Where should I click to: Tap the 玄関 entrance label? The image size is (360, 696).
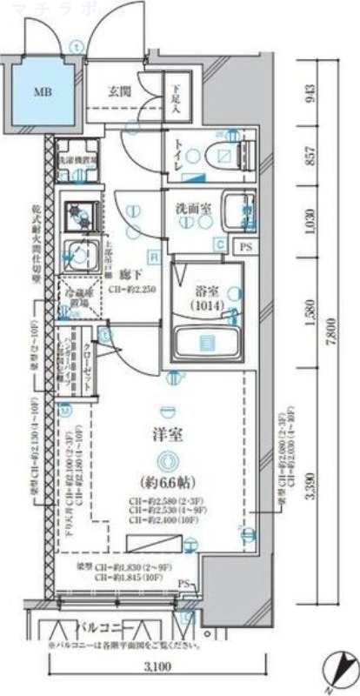pyautogui.click(x=119, y=90)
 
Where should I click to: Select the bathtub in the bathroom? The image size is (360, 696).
pyautogui.click(x=207, y=342)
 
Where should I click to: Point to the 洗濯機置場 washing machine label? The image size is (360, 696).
pyautogui.click(x=80, y=162)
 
